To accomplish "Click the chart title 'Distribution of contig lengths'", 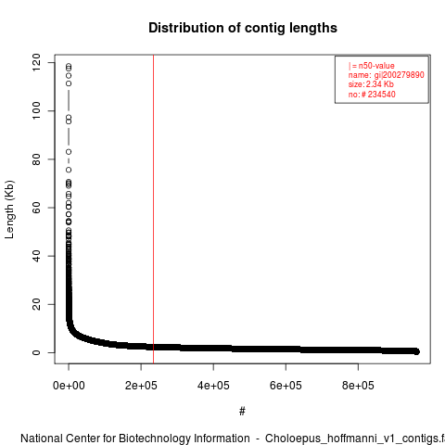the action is (243, 28).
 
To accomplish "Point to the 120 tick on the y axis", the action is (36, 62).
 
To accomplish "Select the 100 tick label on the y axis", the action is (36, 110).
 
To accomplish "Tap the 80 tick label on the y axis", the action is (36, 159).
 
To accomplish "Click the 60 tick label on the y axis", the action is (36, 208).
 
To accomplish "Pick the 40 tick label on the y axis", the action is (36, 256).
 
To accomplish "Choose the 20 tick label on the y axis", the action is (36, 304).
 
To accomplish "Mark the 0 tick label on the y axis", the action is (36, 352).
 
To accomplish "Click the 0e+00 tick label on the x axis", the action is (69, 386).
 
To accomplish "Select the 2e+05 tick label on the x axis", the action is (141, 386).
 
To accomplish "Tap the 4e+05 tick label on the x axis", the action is (213, 386).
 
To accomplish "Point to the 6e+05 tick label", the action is (286, 386).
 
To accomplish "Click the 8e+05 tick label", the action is (358, 386).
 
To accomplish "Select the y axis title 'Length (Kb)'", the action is (9, 210).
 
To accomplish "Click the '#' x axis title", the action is (242, 412).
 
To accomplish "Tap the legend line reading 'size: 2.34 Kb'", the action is (371, 84).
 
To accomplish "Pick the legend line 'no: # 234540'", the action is (372, 94).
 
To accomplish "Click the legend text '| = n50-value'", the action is (372, 66).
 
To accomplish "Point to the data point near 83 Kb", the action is (69, 152).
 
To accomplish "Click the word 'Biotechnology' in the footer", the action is (154, 439).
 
